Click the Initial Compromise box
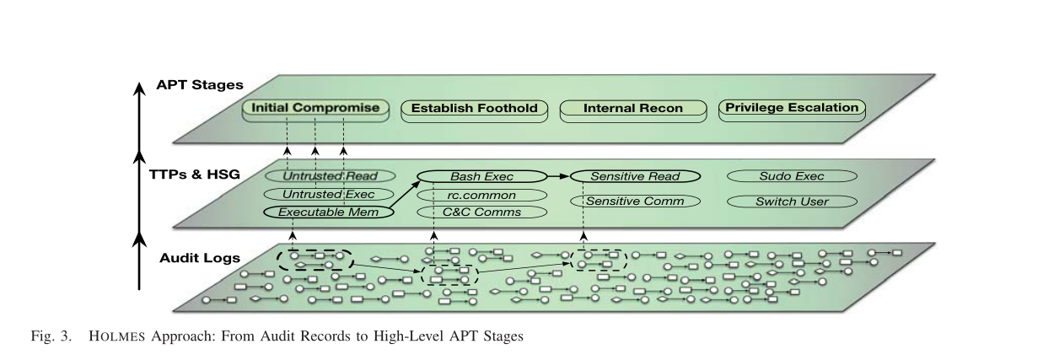(316, 109)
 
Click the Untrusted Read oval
(330, 176)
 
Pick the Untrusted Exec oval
(330, 195)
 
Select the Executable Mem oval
(330, 212)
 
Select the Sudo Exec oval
(791, 176)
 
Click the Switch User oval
(791, 201)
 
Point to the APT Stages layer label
(200, 85)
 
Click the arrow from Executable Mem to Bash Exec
(407, 196)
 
